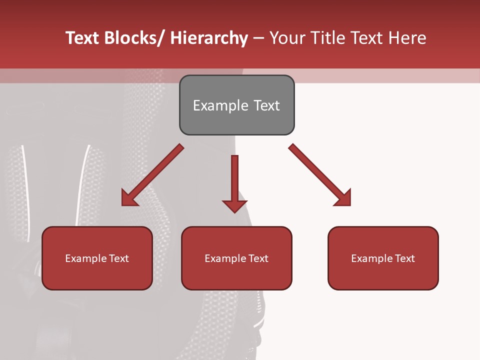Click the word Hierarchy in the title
tap(209, 38)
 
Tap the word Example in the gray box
tap(220, 105)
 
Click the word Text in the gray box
tap(266, 105)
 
